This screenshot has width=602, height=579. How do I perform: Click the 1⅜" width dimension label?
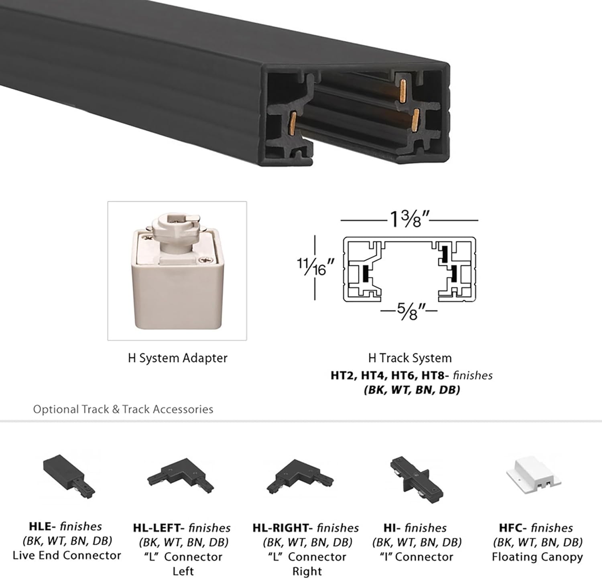[409, 219]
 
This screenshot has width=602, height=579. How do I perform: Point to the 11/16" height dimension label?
[315, 267]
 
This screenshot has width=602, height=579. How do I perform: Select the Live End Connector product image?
[69, 475]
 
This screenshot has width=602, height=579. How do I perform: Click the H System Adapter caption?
[177, 358]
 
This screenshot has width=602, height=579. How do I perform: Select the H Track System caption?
[410, 358]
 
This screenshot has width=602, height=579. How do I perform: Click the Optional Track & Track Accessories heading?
[123, 409]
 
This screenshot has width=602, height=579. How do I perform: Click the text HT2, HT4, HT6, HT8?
[387, 376]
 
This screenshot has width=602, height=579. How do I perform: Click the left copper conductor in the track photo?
[293, 123]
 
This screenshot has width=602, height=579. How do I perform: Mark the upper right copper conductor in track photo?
[404, 89]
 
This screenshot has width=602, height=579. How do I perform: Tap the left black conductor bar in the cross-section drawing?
[365, 274]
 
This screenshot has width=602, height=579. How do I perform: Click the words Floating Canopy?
[537, 557]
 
